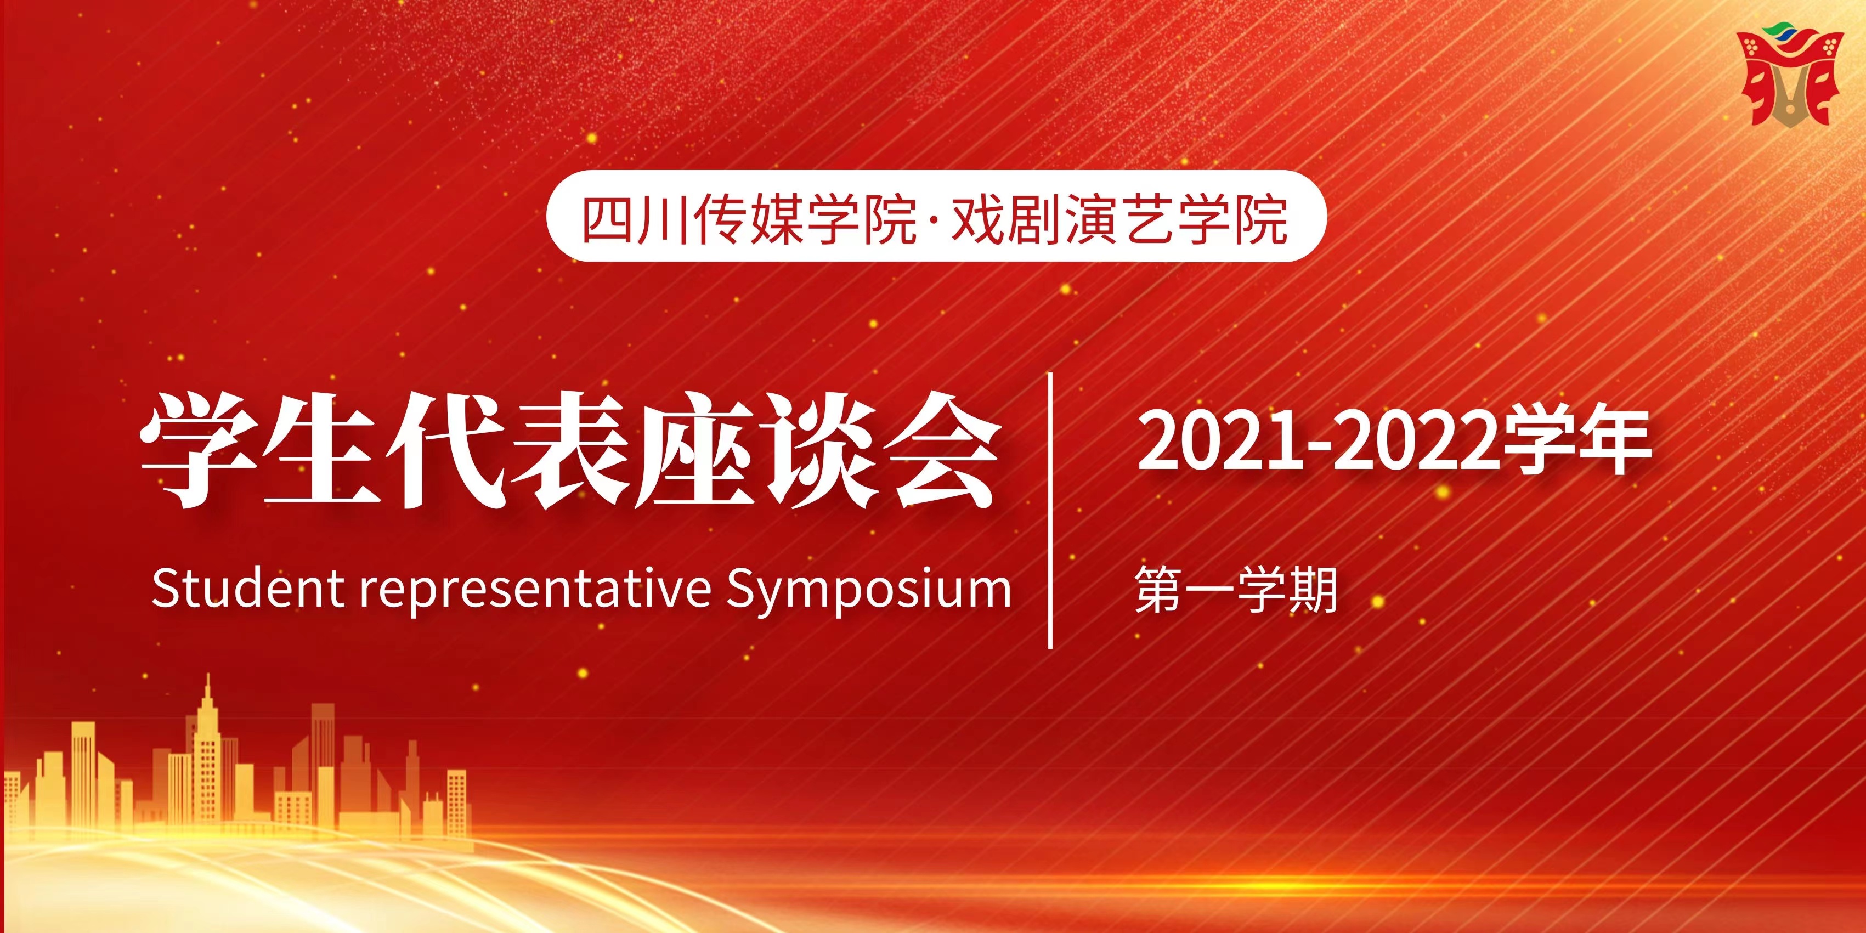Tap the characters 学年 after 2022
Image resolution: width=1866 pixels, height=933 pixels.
(x=1576, y=440)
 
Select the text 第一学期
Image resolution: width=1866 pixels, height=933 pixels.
(x=1236, y=590)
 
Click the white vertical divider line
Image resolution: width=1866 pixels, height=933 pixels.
(x=1050, y=510)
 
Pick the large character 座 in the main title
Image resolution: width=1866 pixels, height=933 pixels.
(x=688, y=450)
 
